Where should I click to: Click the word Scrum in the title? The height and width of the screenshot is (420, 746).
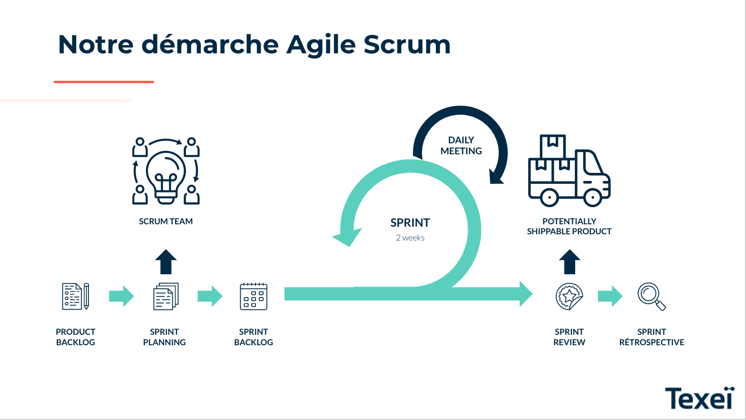(x=407, y=44)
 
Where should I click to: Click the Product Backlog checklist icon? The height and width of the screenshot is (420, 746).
(x=76, y=296)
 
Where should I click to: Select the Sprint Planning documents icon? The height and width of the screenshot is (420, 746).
(x=166, y=296)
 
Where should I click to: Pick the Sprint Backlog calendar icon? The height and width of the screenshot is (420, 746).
(x=254, y=296)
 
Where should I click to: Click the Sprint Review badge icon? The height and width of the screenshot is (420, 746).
(x=569, y=296)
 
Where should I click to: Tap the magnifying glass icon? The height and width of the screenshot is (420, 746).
(x=651, y=296)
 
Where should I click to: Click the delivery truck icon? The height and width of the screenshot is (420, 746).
(x=569, y=170)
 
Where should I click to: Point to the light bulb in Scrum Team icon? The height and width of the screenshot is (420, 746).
(x=166, y=177)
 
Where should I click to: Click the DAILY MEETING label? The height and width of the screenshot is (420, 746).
(x=461, y=146)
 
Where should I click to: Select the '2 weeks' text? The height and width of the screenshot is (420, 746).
(x=410, y=238)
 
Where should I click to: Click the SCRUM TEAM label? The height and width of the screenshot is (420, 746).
(x=166, y=221)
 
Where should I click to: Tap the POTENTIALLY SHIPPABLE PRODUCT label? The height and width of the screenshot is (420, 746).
(x=569, y=226)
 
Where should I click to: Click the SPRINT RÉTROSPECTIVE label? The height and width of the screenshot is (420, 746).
(x=651, y=337)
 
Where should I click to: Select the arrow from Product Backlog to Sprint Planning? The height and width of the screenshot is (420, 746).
(x=121, y=296)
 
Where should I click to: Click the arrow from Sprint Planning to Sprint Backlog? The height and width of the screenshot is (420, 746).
(x=210, y=296)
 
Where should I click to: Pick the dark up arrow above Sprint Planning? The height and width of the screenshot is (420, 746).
(x=166, y=262)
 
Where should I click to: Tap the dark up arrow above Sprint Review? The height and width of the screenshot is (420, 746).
(x=569, y=262)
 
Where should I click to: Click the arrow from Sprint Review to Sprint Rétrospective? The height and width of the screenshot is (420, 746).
(x=610, y=296)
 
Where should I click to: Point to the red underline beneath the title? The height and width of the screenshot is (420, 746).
(x=104, y=82)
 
